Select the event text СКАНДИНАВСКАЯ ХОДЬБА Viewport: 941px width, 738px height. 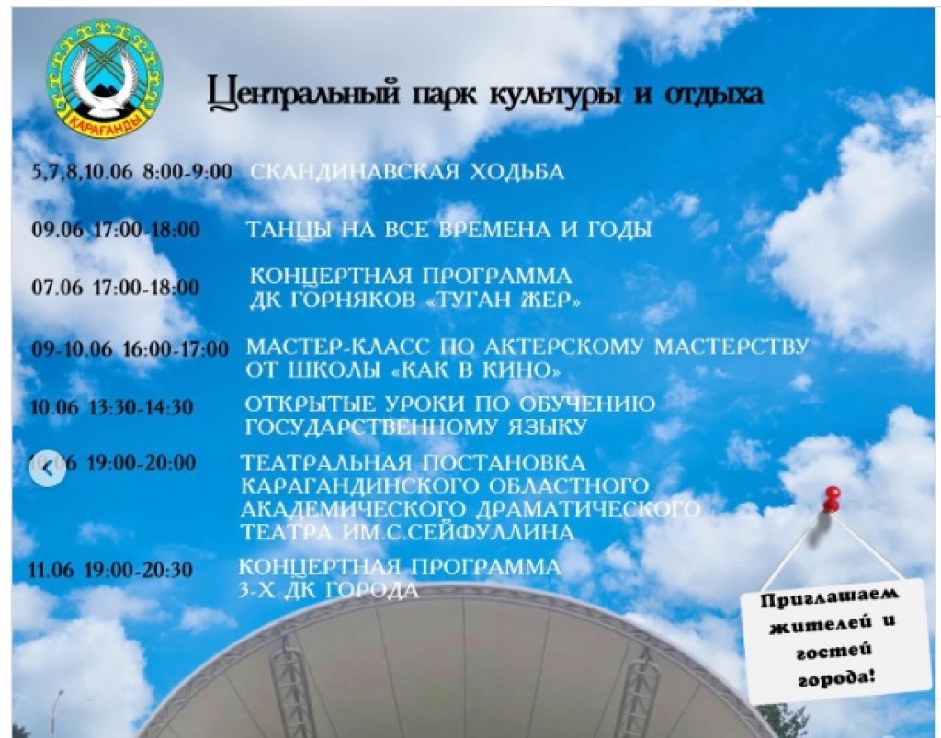point(407,172)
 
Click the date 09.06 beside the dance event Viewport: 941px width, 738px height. point(57,230)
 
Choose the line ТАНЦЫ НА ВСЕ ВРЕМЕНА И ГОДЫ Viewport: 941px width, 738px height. point(448,230)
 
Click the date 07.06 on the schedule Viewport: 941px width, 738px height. point(57,288)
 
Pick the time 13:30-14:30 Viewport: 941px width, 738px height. point(141,407)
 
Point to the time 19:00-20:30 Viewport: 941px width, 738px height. point(139,571)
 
